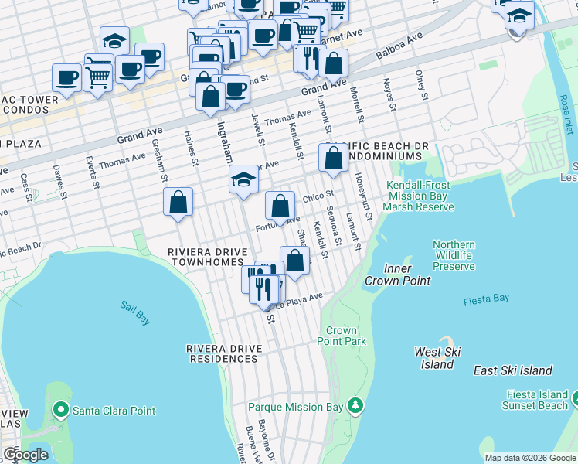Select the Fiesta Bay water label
pos(486,299)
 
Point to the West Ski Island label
pos(438,357)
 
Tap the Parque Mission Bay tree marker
pos(355,405)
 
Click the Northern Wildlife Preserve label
pos(454,255)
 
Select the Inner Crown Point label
pos(398,275)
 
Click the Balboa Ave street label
pos(399,47)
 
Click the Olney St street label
pos(421,85)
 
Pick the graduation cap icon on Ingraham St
pos(243,180)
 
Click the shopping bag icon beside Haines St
pos(178,202)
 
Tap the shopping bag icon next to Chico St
pos(280,206)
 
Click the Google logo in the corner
pos(25,455)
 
